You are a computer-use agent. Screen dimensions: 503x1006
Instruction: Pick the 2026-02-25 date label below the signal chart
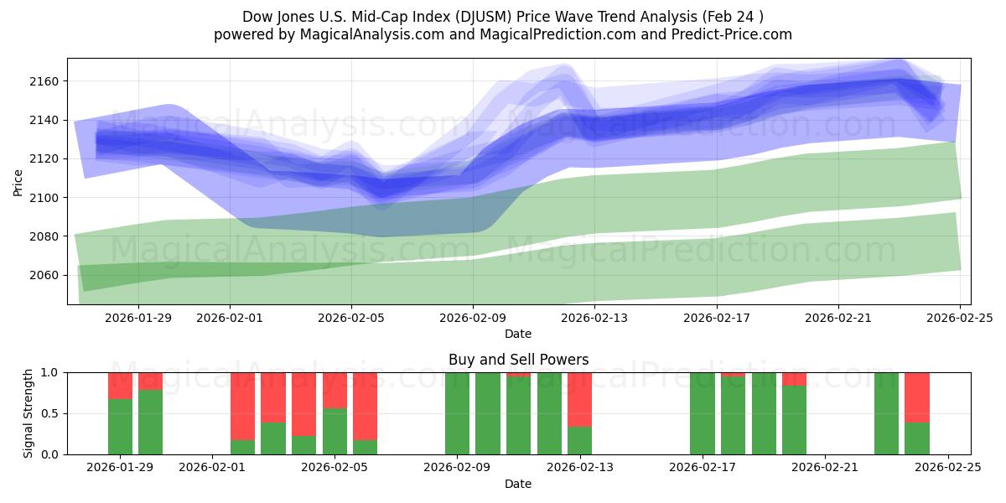[x=947, y=468]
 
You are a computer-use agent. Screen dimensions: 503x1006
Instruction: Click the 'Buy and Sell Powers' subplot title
[x=518, y=360]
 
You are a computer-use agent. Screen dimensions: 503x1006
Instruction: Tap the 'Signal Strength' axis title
[x=29, y=413]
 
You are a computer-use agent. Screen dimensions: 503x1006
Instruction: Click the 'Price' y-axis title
[x=18, y=181]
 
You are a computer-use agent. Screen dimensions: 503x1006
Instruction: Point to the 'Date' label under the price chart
[x=518, y=334]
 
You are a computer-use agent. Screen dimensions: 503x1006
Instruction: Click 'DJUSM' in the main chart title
[x=476, y=17]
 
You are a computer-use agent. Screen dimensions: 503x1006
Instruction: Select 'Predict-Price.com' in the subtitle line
[x=726, y=34]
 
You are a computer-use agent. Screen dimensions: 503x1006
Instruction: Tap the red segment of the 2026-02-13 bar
[x=579, y=399]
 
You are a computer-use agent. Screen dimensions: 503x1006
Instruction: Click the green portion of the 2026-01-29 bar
[x=120, y=427]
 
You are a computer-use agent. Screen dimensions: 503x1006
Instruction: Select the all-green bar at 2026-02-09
[x=457, y=413]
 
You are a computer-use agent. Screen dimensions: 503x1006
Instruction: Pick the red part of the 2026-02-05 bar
[x=334, y=390]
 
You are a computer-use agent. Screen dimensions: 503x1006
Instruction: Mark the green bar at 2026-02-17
[x=702, y=413]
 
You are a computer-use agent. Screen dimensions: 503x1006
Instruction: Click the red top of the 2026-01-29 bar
[x=120, y=386]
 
